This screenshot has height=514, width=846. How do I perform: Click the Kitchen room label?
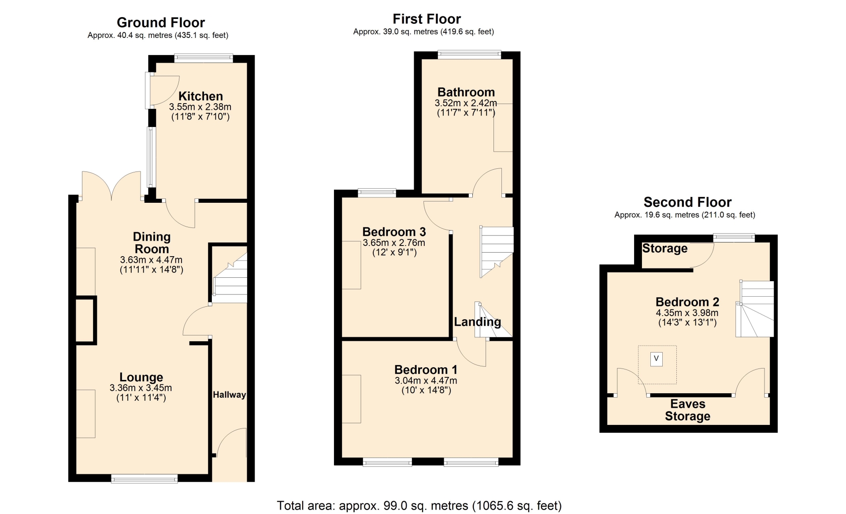pos(200,96)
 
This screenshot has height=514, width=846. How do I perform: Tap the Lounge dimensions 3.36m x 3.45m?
pos(141,388)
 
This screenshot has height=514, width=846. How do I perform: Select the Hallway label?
pos(229,395)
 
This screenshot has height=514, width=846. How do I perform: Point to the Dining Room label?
pos(152,243)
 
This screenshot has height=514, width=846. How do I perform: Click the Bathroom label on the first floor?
pos(466,92)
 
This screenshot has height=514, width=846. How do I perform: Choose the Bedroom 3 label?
pos(394,232)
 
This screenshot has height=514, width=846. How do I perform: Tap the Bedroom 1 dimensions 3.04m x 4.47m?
pos(426,380)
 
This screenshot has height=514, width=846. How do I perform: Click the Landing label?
pos(478,322)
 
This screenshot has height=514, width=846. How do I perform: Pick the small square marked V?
pos(657,359)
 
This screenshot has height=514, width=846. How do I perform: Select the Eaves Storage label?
pos(688,410)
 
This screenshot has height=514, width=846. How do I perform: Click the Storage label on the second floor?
pos(665,248)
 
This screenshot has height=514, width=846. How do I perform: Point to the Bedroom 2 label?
pos(687,302)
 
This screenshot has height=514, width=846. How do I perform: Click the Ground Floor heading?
pos(161,22)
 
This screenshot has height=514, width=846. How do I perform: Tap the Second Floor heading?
pos(687,202)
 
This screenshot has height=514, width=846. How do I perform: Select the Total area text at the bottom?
pos(419,506)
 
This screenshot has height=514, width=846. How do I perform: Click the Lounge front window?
pos(145,479)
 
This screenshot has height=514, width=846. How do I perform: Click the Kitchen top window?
pos(204,58)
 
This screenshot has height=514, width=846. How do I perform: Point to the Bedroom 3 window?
pos(377,193)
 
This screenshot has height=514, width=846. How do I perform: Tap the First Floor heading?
pos(427,19)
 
